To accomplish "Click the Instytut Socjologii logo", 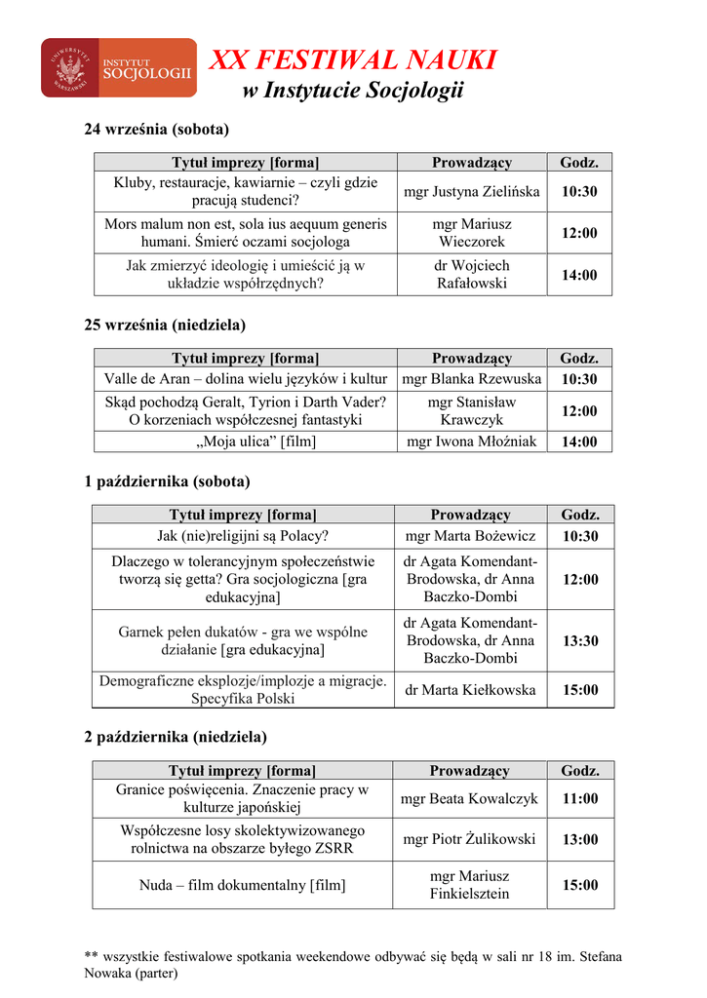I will (118, 67).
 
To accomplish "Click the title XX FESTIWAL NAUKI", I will (353, 60).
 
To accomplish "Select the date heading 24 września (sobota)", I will (156, 129).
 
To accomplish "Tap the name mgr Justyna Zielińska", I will (472, 192).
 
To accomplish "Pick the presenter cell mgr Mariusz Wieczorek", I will (472, 233).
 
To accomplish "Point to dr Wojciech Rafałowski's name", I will (472, 275).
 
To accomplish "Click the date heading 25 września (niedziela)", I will (165, 325).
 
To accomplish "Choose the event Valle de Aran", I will (246, 379).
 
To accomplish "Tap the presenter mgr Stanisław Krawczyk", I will (472, 410).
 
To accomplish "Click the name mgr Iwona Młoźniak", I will (472, 441).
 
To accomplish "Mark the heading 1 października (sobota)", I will (167, 481).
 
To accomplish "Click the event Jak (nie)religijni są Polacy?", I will (243, 536).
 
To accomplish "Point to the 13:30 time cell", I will (580, 641).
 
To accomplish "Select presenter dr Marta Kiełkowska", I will (471, 690).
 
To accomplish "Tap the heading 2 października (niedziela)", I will (176, 737).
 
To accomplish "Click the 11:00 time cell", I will (580, 799).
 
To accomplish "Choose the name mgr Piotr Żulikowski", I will (469, 839).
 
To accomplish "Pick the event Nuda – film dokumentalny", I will (242, 886).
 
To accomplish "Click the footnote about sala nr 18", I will (353, 964).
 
